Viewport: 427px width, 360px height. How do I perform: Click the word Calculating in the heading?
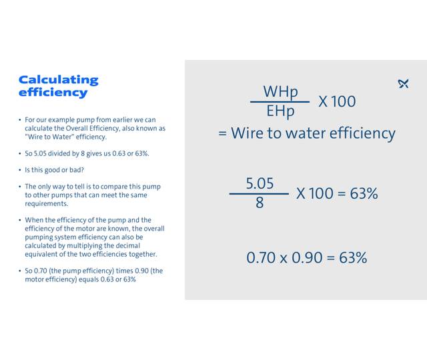click(58, 80)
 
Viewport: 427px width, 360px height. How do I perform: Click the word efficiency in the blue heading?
click(53, 93)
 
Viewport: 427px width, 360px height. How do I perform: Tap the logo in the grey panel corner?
click(403, 83)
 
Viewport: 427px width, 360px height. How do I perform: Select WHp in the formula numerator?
click(280, 92)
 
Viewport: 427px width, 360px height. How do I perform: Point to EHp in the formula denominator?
click(280, 111)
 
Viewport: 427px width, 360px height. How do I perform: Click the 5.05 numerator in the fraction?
click(260, 183)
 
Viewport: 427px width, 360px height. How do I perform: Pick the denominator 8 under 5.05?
click(260, 203)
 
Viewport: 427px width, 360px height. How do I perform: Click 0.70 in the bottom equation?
click(261, 257)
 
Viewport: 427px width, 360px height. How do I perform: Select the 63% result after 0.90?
click(353, 257)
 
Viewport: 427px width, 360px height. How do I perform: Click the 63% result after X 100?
click(364, 193)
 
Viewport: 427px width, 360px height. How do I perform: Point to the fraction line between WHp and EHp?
click(280, 102)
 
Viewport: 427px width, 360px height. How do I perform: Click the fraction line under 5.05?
click(259, 194)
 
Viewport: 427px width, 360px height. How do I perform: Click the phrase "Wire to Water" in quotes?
click(46, 137)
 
